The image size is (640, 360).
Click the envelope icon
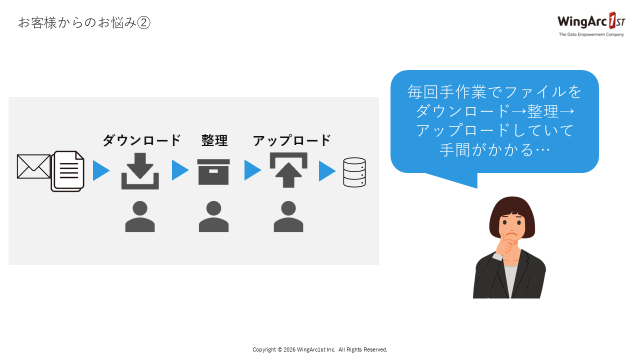click(33, 166)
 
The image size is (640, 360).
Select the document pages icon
click(67, 171)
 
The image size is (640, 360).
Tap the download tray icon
click(140, 171)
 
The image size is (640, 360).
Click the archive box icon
click(213, 171)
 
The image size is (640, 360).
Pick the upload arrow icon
click(288, 170)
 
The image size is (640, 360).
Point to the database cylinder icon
click(354, 172)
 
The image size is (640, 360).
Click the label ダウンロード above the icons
click(141, 140)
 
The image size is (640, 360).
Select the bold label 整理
click(214, 140)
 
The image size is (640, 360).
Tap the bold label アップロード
click(291, 140)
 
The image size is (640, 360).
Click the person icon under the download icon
click(140, 216)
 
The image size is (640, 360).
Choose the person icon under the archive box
click(213, 216)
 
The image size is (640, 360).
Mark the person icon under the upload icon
click(288, 216)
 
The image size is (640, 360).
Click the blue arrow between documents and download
click(101, 170)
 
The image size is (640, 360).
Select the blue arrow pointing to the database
click(327, 171)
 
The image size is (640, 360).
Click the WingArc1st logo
click(591, 21)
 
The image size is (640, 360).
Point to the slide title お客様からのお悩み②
click(84, 22)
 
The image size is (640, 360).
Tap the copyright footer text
click(320, 349)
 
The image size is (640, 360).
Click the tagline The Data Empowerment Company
click(591, 34)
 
